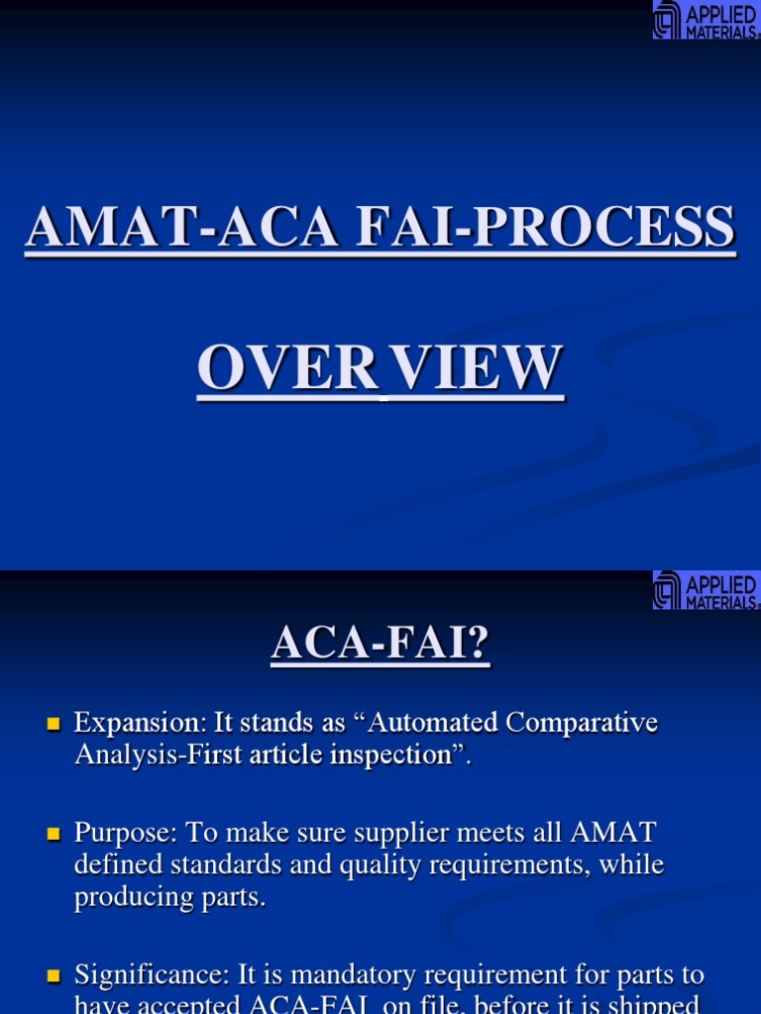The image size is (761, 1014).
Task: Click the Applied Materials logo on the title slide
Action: tap(706, 20)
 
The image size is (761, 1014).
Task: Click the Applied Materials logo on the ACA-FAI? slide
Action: tap(706, 590)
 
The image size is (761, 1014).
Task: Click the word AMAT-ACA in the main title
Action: tap(117, 227)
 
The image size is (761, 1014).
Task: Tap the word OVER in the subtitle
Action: tap(287, 368)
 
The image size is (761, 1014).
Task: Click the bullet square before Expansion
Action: tap(54, 724)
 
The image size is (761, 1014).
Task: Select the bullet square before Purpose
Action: tap(54, 835)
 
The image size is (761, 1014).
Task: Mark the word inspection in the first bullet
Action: tap(389, 755)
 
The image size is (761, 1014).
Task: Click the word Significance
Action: tap(145, 976)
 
